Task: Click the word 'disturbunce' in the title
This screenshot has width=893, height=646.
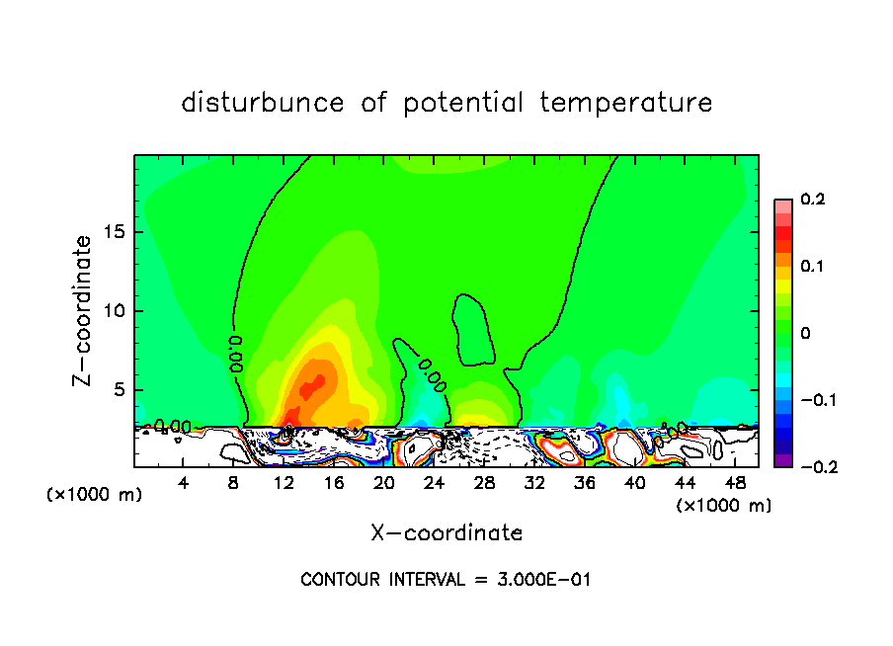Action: click(x=263, y=103)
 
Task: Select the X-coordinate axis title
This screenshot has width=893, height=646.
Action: click(x=446, y=533)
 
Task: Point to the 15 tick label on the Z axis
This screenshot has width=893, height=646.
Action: click(x=116, y=232)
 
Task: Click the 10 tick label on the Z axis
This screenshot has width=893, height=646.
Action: click(x=116, y=311)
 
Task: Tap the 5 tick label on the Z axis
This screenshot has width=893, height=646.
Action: click(x=121, y=390)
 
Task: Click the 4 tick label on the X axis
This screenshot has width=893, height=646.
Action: click(x=184, y=482)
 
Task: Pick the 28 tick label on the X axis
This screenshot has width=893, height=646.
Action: click(x=484, y=482)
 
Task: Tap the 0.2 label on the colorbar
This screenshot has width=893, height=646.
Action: click(x=813, y=200)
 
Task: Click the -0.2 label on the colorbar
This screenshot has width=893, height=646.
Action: click(x=809, y=467)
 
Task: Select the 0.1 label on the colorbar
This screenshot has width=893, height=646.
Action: click(x=813, y=267)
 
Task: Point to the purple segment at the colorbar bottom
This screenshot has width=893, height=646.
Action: click(x=783, y=460)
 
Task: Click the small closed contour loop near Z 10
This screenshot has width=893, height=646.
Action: click(x=474, y=327)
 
